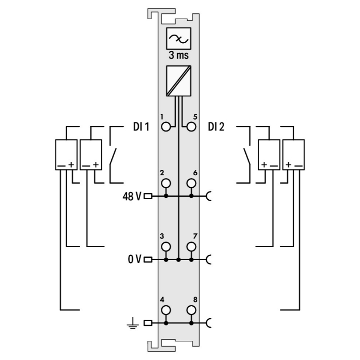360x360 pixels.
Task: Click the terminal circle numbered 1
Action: (167, 127)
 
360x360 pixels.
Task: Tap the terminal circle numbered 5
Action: (192, 127)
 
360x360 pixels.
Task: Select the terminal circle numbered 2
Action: (167, 183)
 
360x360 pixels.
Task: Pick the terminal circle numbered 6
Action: (192, 183)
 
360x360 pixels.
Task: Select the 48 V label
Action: (132, 196)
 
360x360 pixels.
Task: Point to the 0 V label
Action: (134, 260)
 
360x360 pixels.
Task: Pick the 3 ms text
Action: (179, 55)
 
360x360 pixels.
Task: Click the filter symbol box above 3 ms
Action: (179, 38)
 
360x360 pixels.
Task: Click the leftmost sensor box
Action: (66, 155)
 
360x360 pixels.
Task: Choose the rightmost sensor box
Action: (293, 155)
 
